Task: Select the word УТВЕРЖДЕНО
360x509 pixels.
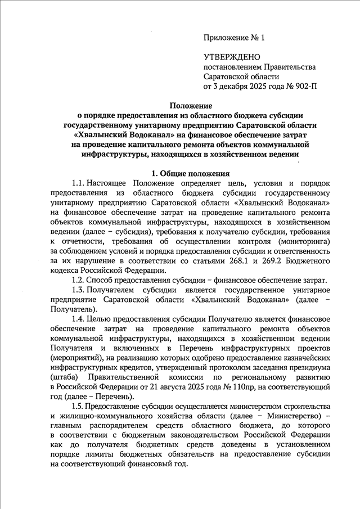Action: click(x=231, y=57)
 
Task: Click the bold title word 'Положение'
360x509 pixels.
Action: click(x=190, y=105)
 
